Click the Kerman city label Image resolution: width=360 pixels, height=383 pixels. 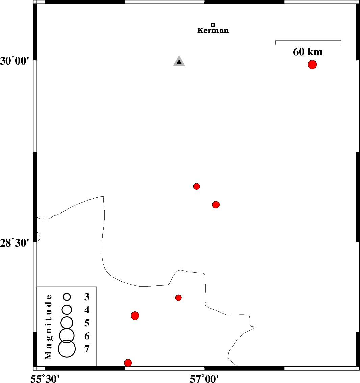click(213, 30)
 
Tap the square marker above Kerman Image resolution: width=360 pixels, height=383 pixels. click(213, 25)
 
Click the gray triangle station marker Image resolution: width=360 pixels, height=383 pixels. click(179, 61)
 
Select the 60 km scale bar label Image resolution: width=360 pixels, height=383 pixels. click(308, 52)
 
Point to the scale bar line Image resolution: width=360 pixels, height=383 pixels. click(308, 41)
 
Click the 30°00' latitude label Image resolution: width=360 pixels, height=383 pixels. click(15, 61)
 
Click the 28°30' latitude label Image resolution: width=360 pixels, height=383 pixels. click(15, 243)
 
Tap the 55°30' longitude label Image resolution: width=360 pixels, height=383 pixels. click(45, 379)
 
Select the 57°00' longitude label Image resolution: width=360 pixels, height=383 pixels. click(204, 379)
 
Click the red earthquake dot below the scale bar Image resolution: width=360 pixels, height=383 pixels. click(312, 65)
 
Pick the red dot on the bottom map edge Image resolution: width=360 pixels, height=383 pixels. click(128, 363)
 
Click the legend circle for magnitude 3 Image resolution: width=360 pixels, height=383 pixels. click(67, 297)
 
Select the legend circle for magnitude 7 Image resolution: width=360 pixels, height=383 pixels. click(67, 349)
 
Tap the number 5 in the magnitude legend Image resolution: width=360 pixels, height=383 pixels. click(87, 323)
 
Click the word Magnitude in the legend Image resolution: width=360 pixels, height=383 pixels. click(49, 327)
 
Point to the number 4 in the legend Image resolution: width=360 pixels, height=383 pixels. click(87, 310)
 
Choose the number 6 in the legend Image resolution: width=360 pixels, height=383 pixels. click(87, 336)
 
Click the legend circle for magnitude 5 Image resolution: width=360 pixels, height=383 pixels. click(67, 323)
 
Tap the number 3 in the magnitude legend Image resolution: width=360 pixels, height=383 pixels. click(87, 297)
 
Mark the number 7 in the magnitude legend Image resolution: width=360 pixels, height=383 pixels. click(87, 349)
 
